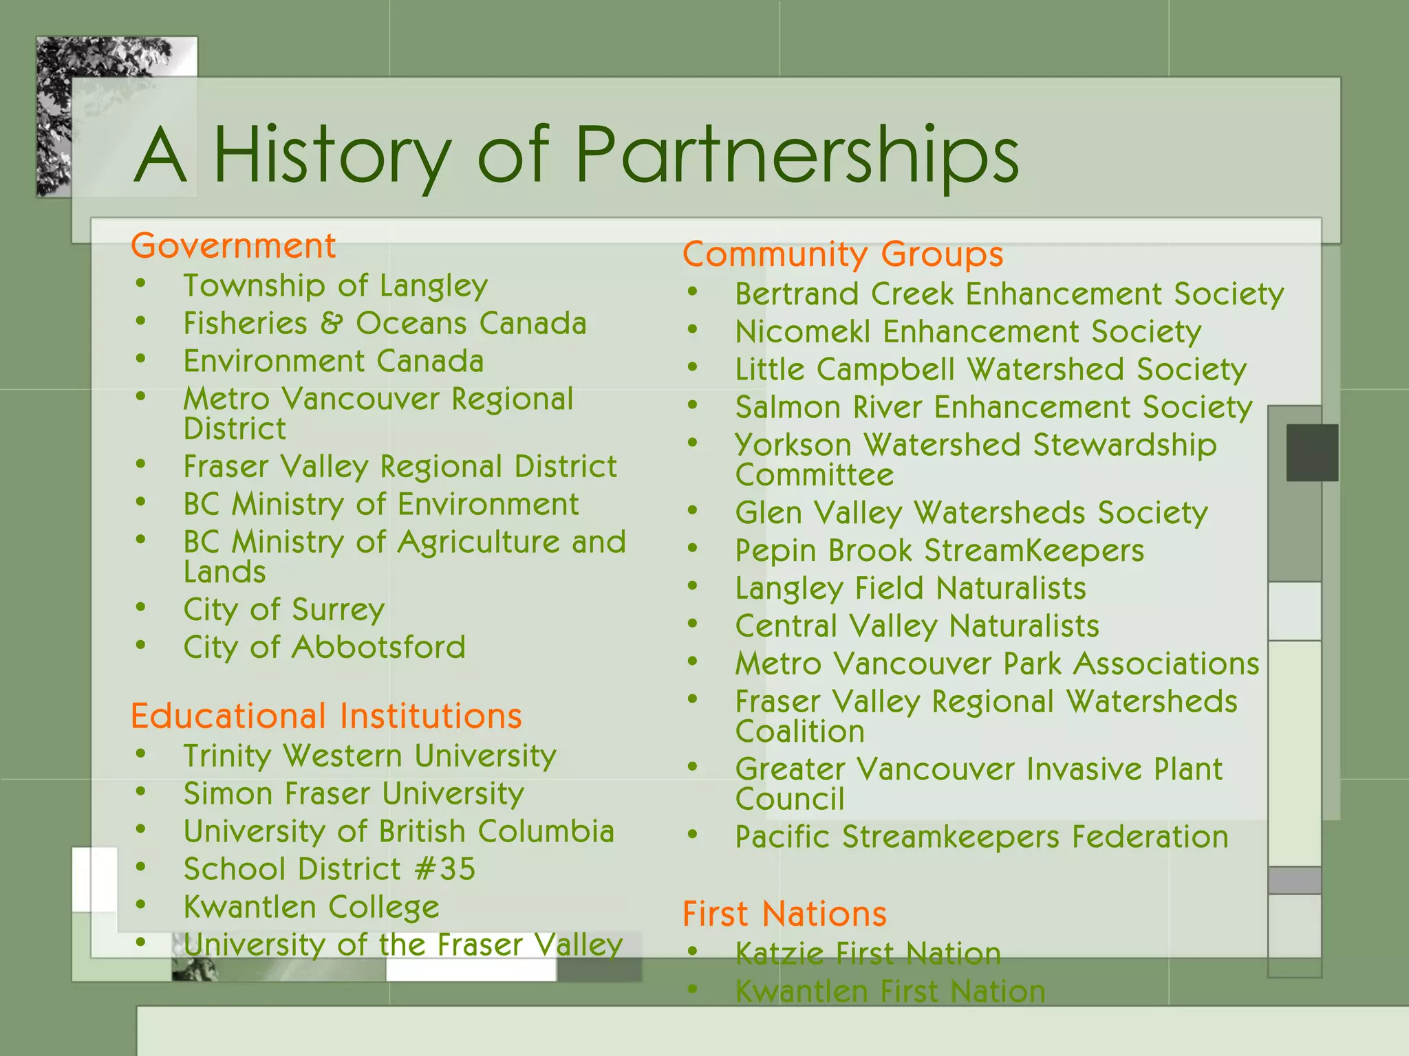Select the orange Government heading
point(233,246)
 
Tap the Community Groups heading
point(843,254)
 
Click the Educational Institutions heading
point(326,716)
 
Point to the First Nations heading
point(784,914)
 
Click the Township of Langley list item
point(335,286)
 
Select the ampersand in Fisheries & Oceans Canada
point(331,324)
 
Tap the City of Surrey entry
point(283,610)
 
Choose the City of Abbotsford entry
point(324,648)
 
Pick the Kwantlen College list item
point(311,907)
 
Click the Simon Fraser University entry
point(354,794)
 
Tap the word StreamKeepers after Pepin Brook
point(1034,551)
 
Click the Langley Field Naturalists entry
point(910,588)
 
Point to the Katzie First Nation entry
point(868,954)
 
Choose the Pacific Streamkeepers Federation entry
point(981,837)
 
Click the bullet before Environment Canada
point(141,359)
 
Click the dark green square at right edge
point(1312,452)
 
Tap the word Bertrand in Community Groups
point(797,294)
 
